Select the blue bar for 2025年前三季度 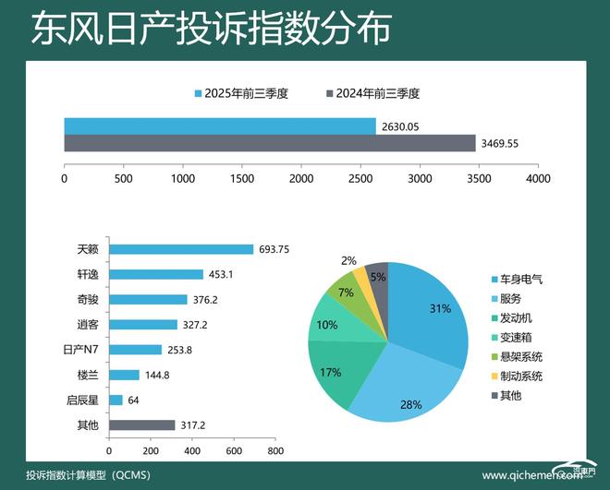point(219,126)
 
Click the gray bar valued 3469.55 point(269,143)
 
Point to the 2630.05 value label point(398,127)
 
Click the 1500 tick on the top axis point(242,177)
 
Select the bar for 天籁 point(180,249)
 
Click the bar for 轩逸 point(155,274)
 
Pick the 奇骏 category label point(88,300)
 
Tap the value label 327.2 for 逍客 point(199,325)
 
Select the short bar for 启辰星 point(116,400)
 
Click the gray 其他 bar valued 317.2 point(141,425)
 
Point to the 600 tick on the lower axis point(233,451)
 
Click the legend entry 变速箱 point(518,337)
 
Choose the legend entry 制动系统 point(521,376)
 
